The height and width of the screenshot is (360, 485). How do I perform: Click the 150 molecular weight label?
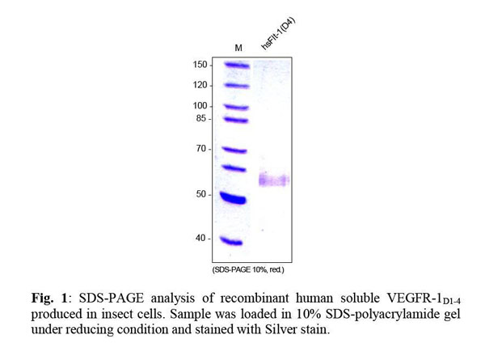pos(200,65)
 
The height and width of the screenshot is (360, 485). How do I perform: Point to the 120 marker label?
pos(200,85)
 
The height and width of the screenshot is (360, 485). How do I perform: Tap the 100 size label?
pos(200,106)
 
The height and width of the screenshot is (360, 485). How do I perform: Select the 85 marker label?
pos(202,119)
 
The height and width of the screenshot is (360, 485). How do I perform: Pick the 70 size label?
pos(202,149)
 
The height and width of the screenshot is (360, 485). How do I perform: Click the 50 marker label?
pos(202,194)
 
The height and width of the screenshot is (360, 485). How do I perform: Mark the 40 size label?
pos(202,238)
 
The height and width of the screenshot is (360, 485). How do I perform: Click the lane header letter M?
pos(238,48)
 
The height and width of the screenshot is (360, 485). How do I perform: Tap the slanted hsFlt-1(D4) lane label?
pos(278,35)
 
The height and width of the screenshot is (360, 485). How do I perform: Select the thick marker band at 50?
pos(238,197)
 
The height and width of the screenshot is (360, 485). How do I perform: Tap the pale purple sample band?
pos(273,180)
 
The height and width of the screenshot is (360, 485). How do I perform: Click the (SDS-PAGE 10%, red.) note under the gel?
pos(248,269)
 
